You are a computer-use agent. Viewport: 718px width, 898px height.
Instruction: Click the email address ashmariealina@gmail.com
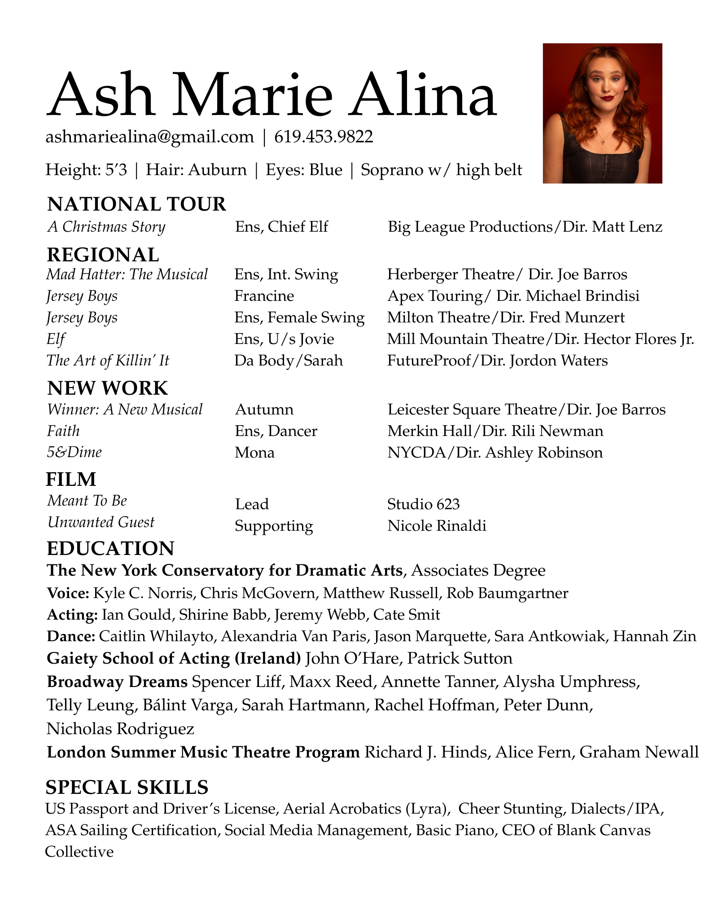point(149,136)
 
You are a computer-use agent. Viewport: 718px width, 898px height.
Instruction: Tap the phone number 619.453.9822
point(324,136)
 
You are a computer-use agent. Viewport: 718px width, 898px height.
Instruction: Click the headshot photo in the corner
point(602,113)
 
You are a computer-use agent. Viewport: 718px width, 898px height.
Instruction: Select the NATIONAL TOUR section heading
point(136,204)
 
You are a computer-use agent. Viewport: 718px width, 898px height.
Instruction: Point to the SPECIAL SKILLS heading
point(127,788)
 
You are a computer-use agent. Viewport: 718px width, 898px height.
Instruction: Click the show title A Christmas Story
point(106,227)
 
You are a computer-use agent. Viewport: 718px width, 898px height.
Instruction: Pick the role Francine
point(264,296)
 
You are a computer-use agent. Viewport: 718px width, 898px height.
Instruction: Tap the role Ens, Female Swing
point(299,317)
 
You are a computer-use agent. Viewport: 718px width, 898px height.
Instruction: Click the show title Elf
point(56,339)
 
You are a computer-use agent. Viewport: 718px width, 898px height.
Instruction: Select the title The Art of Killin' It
point(108,361)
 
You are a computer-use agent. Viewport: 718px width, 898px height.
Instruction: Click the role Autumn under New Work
point(264,409)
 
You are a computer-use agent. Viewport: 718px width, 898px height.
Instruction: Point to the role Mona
point(254,452)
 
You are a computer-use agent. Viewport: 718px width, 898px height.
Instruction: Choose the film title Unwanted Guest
point(101,522)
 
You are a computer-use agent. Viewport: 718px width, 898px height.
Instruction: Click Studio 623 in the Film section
point(423,504)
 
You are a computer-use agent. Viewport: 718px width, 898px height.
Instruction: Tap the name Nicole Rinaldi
point(437,526)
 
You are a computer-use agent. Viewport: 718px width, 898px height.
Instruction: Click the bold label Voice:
point(68,593)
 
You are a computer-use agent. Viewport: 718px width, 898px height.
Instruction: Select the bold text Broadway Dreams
point(117,682)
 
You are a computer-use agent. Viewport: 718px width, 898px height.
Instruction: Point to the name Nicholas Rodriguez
point(120,728)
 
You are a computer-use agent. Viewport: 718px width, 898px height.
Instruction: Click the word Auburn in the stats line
point(218,170)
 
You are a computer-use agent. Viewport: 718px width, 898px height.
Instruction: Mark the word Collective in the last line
point(79,851)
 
